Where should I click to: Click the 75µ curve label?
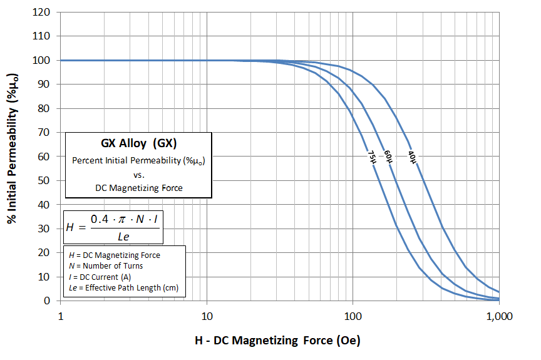372,157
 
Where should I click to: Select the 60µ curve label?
388,157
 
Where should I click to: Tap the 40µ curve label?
412,157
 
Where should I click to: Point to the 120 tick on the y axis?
41,12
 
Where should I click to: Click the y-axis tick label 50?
44,180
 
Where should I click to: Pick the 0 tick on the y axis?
47,301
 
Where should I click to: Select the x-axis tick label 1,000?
499,316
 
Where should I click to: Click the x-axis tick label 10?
207,316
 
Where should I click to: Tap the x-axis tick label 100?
353,316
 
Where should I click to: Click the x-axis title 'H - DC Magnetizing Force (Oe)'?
277,341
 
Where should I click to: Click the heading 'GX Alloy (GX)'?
139,143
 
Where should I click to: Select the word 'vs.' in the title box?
139,175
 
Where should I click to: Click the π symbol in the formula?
122,220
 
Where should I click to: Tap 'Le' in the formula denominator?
123,237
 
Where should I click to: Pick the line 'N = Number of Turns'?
106,266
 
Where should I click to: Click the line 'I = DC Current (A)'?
100,277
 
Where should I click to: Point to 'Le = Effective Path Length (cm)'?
123,287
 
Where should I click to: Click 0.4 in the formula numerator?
100,219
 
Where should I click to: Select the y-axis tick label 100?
41,60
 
